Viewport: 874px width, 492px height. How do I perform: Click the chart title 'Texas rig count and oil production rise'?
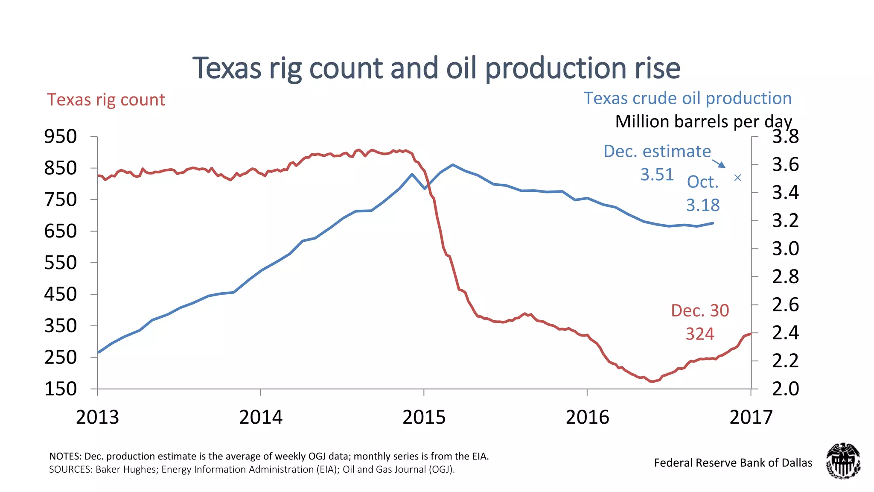(436, 68)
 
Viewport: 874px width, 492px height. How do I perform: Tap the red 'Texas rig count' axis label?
(106, 100)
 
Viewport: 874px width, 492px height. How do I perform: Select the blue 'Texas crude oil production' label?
(688, 98)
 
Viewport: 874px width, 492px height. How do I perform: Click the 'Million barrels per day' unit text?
(703, 122)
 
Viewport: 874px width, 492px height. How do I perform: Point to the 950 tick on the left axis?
(61, 137)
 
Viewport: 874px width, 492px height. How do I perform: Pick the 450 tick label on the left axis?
(61, 294)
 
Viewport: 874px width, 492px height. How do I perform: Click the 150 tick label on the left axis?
(61, 389)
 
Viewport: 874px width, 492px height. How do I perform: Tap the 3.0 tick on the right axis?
(785, 249)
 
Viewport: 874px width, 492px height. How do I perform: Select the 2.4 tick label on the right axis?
(785, 333)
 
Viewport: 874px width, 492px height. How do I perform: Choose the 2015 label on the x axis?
(424, 417)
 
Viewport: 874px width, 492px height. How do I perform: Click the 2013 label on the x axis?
(97, 417)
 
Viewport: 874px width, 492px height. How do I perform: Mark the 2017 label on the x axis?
(751, 417)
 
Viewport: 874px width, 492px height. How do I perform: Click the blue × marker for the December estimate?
(737, 178)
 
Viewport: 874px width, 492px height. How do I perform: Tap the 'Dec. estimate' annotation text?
(657, 152)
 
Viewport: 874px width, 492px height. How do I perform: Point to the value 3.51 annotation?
(657, 175)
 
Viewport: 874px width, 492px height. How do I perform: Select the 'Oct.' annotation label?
(702, 182)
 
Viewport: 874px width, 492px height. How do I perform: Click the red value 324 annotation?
(700, 334)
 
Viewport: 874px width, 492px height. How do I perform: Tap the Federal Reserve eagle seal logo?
(843, 461)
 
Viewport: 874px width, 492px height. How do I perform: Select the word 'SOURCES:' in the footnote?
(70, 470)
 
